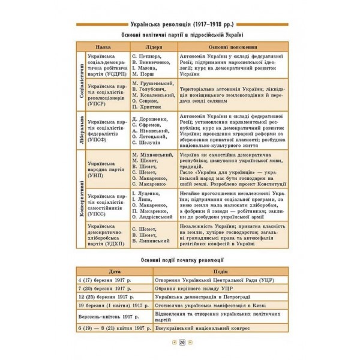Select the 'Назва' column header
103,47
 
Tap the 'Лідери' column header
152,47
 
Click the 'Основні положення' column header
229,47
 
